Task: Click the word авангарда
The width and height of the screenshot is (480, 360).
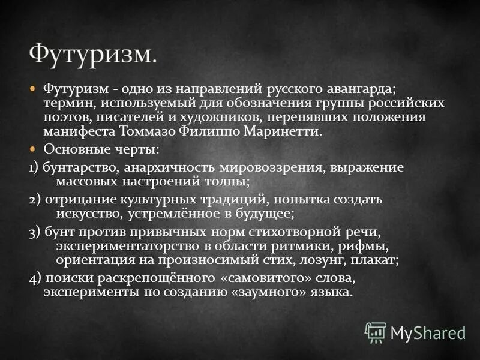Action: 358,89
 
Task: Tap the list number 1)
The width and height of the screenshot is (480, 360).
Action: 34,167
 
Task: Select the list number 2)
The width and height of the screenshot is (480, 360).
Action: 35,199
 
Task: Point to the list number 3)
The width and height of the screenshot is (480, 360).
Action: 35,232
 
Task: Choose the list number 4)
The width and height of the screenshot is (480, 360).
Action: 35,278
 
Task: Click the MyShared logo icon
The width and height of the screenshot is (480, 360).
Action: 376,332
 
